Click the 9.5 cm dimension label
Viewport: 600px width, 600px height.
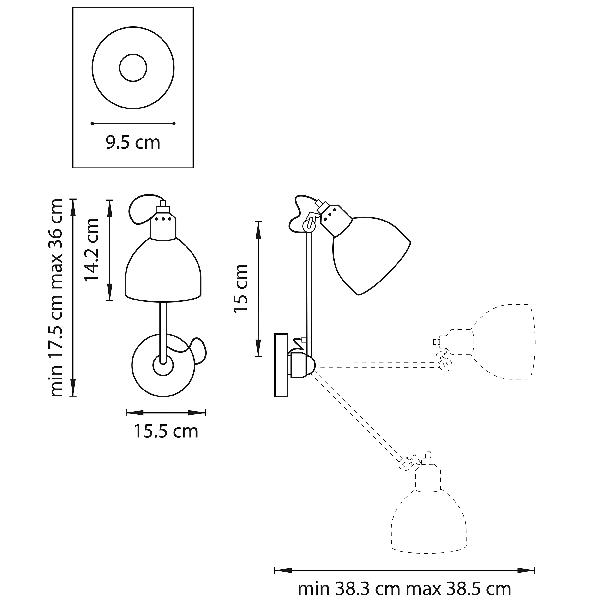(132, 142)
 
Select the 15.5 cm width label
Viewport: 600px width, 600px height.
(164, 431)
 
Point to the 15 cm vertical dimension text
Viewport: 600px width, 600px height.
(240, 289)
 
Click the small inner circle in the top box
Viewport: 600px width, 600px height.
(132, 69)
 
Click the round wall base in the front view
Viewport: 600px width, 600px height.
(160, 366)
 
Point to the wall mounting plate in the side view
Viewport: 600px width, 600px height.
(280, 363)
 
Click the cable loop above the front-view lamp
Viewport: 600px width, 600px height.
(146, 209)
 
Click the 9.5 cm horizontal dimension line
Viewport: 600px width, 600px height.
(132, 123)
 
